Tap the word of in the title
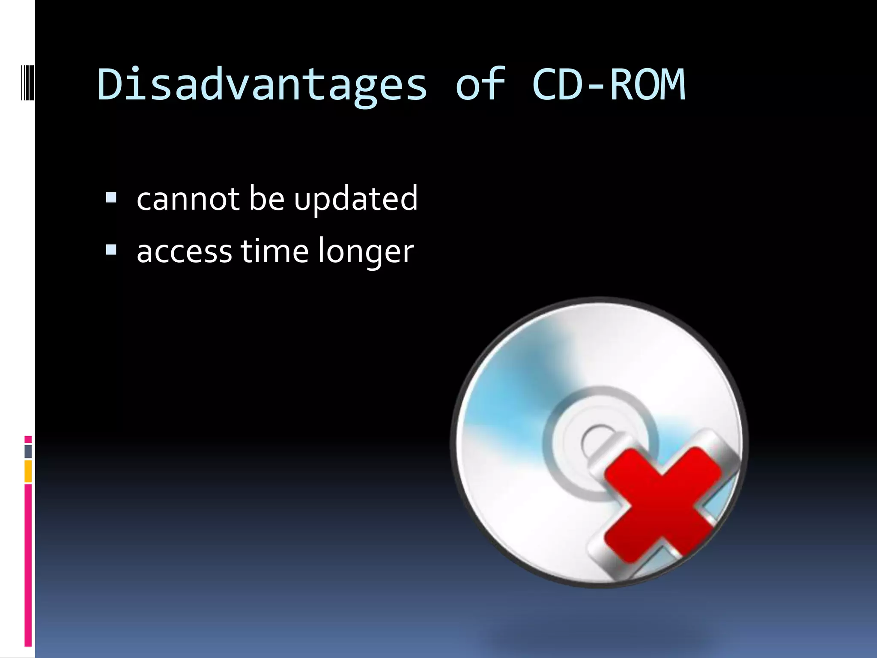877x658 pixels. click(480, 85)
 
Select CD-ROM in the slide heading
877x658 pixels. click(609, 85)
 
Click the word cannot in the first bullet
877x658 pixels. click(188, 199)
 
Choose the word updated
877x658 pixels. click(355, 199)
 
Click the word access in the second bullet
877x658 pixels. click(184, 252)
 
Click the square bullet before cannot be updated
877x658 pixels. click(111, 197)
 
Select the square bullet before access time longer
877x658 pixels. click(111, 250)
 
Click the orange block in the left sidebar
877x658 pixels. click(28, 471)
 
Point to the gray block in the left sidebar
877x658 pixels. click(28, 452)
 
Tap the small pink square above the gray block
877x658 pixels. click(28, 440)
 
